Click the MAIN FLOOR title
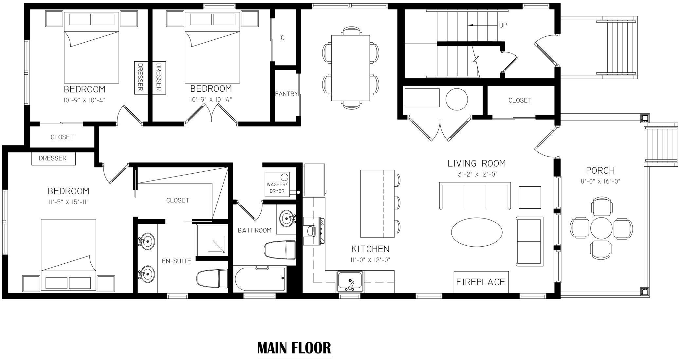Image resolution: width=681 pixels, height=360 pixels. (294, 348)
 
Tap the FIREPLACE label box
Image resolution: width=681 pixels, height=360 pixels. (481, 282)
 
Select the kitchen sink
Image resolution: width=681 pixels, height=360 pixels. (350, 281)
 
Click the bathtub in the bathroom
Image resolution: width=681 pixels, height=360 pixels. (260, 279)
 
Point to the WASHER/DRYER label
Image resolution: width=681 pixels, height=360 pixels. (277, 188)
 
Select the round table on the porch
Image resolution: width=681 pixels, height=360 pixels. (601, 227)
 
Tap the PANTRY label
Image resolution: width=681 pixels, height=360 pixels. (286, 94)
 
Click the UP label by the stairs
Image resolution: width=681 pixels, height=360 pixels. (503, 25)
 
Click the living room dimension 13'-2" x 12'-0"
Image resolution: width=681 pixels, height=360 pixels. (477, 175)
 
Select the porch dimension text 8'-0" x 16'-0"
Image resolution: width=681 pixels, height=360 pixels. (600, 181)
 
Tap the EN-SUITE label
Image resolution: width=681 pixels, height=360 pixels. (176, 261)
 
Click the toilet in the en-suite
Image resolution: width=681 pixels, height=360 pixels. (212, 279)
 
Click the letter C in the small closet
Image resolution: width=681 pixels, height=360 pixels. (283, 38)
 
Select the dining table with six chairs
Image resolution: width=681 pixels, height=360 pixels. (351, 68)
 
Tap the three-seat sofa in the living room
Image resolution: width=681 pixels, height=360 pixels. (475, 196)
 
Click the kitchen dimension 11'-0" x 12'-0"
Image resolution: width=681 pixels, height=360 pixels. (371, 260)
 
